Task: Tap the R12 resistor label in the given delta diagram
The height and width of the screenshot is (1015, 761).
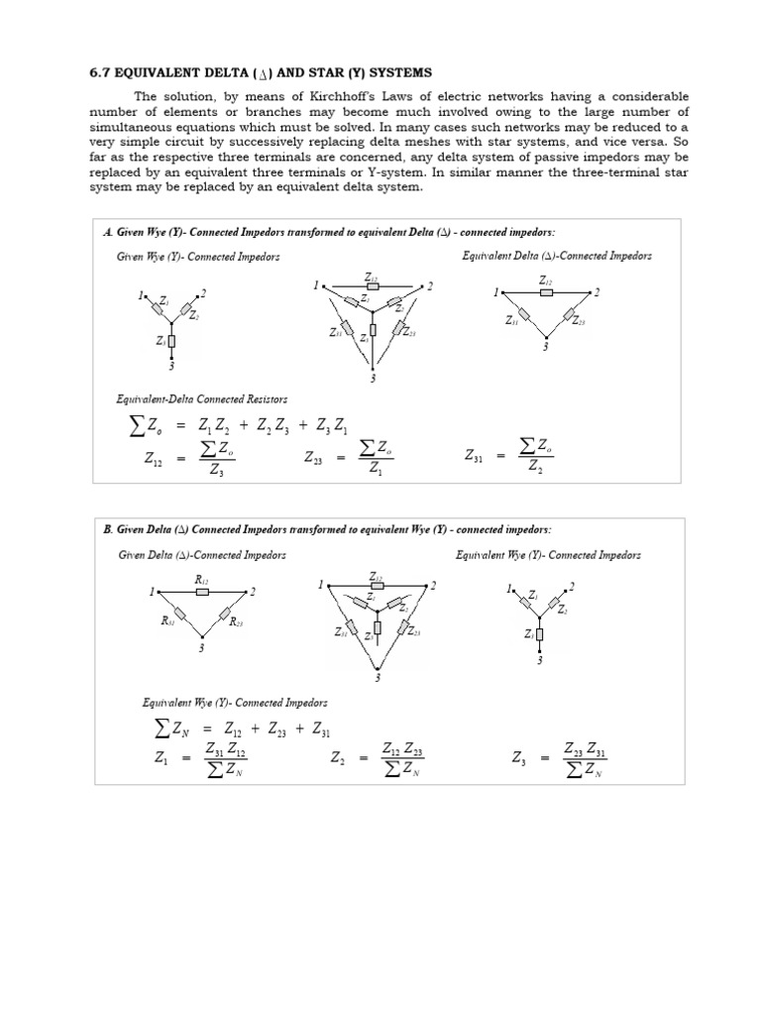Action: pyautogui.click(x=200, y=579)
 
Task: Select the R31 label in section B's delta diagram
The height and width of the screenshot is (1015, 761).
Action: pyautogui.click(x=167, y=621)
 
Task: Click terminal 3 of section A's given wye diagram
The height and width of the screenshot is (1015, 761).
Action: pyautogui.click(x=171, y=367)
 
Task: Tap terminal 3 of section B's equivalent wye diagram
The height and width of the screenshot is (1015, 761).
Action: pyautogui.click(x=540, y=660)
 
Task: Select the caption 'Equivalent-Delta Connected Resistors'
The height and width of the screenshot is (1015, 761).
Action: pyautogui.click(x=202, y=398)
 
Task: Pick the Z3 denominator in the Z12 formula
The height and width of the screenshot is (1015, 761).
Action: pyautogui.click(x=216, y=472)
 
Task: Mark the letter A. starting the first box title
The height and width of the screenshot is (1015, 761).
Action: pyautogui.click(x=107, y=231)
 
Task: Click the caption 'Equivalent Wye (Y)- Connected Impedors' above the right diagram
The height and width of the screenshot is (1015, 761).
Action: pyautogui.click(x=548, y=555)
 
